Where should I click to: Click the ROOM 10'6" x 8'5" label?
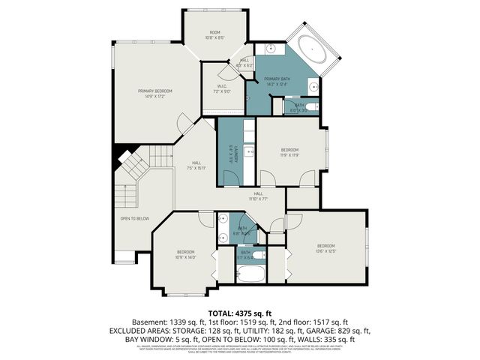(x=215, y=35)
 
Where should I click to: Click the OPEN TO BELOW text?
(x=134, y=218)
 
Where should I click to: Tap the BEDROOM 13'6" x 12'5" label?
(x=326, y=248)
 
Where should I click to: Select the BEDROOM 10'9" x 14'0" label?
(x=186, y=253)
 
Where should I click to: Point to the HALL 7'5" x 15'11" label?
(x=196, y=165)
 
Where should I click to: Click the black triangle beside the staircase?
(x=118, y=157)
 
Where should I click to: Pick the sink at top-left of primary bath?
(x=269, y=50)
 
